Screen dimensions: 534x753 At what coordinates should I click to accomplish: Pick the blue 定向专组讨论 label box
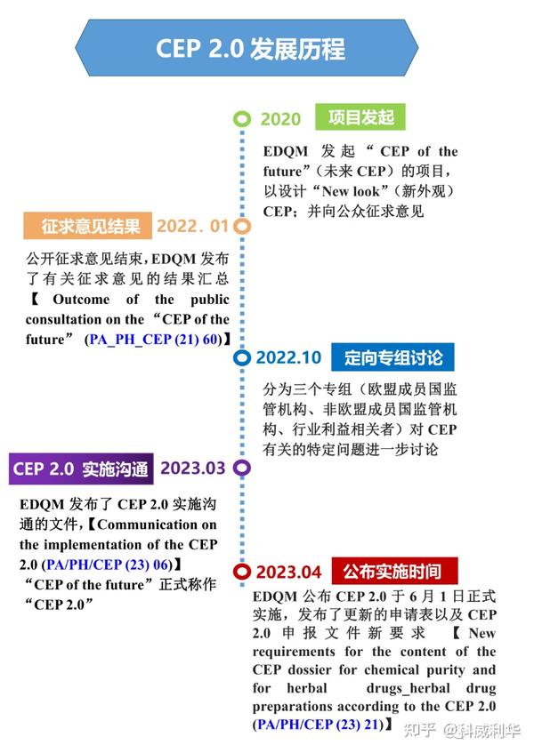[392, 357]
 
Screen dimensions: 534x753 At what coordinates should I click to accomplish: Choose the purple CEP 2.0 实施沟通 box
[80, 468]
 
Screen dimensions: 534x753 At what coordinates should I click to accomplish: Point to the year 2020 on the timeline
[280, 119]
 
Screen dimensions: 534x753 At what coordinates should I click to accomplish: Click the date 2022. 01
[193, 226]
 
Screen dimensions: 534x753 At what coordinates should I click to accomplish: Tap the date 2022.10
[288, 358]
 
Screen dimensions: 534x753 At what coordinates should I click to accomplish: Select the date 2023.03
[193, 468]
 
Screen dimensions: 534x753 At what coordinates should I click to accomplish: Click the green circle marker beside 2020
[241, 119]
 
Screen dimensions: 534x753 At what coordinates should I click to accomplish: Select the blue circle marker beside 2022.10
[241, 358]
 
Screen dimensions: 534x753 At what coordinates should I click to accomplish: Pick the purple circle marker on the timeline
[241, 468]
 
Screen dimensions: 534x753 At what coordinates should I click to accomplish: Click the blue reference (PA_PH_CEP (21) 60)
[154, 339]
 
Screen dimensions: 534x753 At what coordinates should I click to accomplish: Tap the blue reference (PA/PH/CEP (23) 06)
[109, 564]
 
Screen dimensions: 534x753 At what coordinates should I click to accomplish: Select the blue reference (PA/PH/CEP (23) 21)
[317, 725]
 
